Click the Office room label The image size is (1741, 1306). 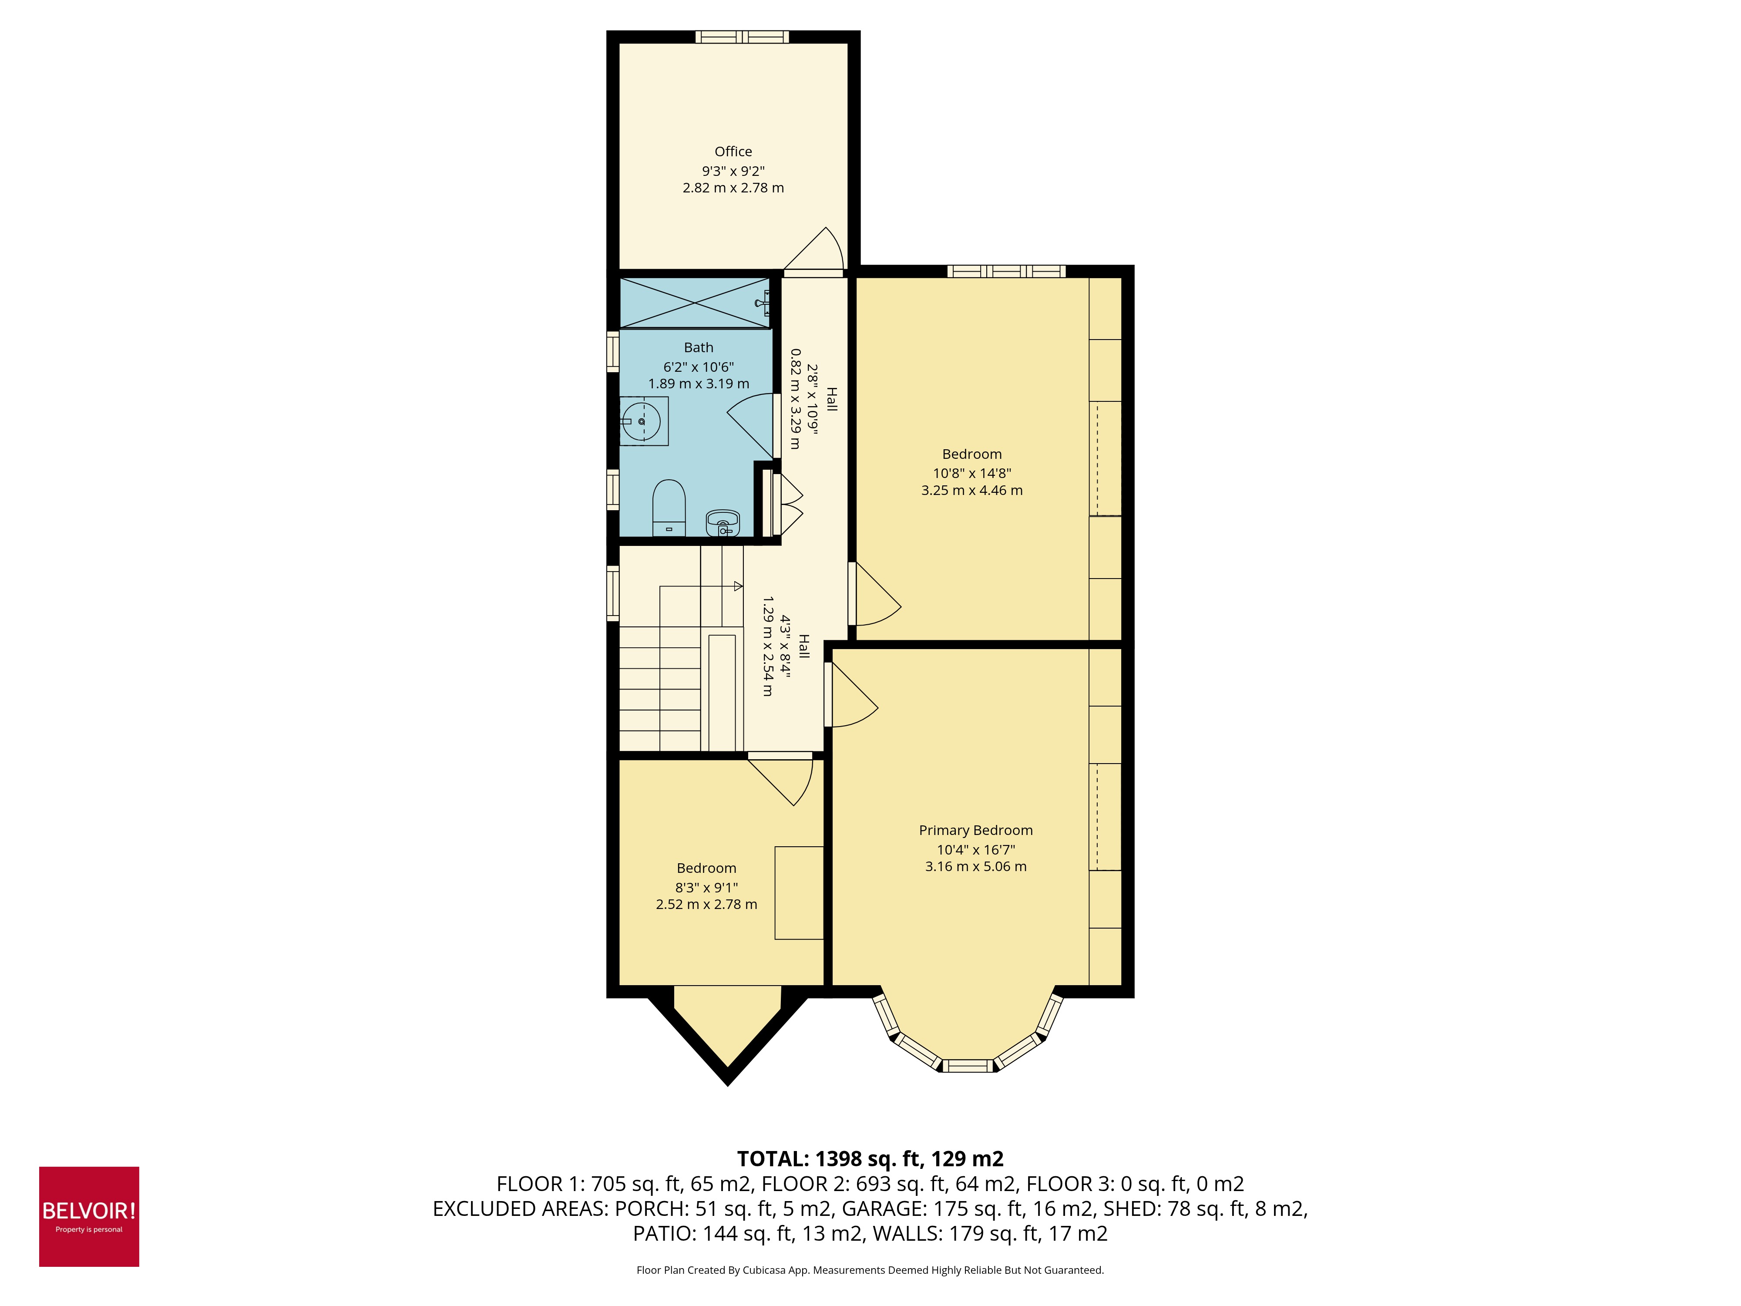tap(733, 151)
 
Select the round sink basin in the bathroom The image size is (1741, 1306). tap(642, 421)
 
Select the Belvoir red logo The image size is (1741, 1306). tap(89, 1216)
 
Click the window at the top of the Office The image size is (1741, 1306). tap(741, 37)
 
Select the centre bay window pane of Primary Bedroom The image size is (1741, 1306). tap(968, 1066)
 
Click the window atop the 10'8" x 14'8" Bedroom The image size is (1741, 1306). tap(1006, 272)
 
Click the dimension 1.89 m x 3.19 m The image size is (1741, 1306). tap(698, 384)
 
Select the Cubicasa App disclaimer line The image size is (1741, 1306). tap(870, 1270)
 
